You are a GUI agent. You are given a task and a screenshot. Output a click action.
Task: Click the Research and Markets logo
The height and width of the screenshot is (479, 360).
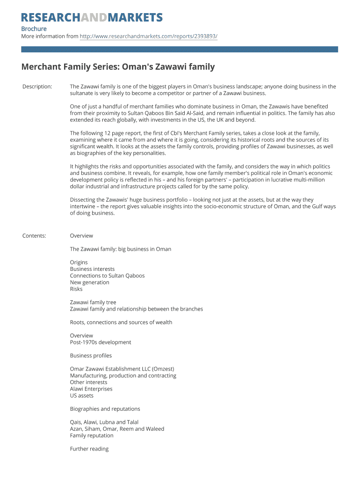(x=92, y=18)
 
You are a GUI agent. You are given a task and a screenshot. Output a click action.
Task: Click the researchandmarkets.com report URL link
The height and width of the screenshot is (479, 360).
(x=149, y=36)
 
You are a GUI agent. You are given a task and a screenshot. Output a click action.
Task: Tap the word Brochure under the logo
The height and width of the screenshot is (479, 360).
(x=34, y=29)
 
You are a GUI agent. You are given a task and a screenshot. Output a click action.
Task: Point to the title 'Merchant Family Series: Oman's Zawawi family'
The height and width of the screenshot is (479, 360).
(x=118, y=67)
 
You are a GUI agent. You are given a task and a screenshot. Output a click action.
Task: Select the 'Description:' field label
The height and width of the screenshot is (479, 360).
(x=37, y=87)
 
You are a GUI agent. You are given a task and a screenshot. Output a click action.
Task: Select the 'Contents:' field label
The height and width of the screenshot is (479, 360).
(x=34, y=236)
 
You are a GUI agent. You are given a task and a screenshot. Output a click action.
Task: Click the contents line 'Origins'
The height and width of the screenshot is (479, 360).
(x=79, y=262)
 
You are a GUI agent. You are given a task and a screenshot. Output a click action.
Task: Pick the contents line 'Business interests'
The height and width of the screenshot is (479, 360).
(x=92, y=269)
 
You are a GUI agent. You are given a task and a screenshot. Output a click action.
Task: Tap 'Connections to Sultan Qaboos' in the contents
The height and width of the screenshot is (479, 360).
(x=107, y=276)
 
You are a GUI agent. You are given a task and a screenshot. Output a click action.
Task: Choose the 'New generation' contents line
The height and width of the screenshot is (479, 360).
(x=89, y=282)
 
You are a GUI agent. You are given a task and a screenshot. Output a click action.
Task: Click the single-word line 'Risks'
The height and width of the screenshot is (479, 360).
(x=76, y=289)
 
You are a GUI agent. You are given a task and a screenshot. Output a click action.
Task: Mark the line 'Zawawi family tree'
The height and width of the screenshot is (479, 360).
(x=93, y=302)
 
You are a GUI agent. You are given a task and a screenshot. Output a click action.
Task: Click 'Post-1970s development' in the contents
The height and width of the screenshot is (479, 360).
(x=101, y=342)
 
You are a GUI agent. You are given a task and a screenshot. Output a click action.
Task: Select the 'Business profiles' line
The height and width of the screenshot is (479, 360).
(x=91, y=356)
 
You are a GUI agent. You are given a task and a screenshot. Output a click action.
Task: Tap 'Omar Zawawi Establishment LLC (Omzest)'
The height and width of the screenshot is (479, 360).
(x=122, y=369)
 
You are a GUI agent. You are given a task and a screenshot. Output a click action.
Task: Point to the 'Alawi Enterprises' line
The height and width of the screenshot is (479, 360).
(x=91, y=389)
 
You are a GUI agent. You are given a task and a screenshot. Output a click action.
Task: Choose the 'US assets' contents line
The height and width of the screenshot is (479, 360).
(x=82, y=395)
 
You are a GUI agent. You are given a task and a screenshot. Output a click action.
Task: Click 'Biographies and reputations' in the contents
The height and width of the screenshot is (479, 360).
(x=105, y=409)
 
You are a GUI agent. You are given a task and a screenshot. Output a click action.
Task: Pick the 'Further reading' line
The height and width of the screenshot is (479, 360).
(x=89, y=449)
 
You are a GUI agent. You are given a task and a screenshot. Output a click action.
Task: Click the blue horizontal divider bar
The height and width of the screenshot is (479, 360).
(x=180, y=49)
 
